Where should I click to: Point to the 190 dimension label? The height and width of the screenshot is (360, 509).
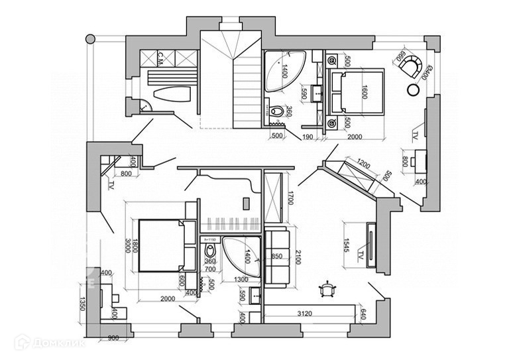pos(307,137)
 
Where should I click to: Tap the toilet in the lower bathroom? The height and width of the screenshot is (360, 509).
pos(211,251)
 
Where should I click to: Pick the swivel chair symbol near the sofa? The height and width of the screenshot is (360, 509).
pos(326,288)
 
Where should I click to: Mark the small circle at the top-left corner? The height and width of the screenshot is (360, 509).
pos(90,39)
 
